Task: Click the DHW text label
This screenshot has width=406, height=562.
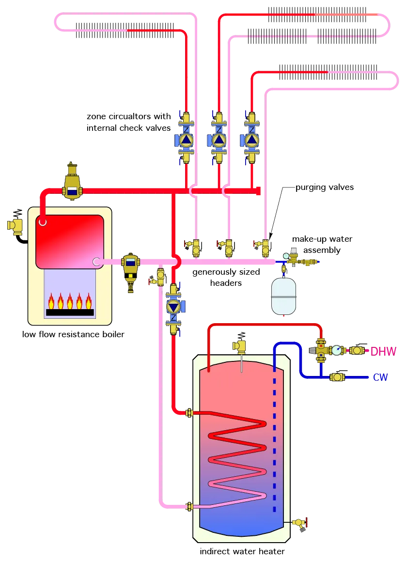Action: [383, 351]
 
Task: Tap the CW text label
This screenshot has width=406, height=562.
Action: [380, 377]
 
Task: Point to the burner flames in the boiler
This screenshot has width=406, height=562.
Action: [70, 301]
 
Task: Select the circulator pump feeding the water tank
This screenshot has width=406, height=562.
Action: [173, 307]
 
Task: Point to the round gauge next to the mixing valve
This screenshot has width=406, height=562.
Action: [336, 350]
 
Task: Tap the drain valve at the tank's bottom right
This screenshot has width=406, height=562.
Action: [299, 523]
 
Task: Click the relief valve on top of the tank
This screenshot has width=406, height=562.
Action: [240, 347]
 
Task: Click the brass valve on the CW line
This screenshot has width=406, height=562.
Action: [337, 377]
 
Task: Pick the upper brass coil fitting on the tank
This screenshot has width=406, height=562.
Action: [189, 413]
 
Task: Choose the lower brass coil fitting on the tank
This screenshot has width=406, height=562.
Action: [189, 506]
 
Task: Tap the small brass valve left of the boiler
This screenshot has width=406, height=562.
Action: [16, 226]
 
